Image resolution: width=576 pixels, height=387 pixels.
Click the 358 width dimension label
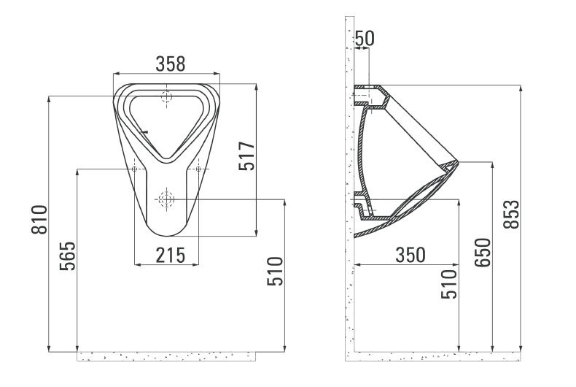tap(171, 64)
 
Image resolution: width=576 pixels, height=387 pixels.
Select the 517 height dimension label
tap(247, 156)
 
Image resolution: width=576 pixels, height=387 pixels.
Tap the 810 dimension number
tap(39, 220)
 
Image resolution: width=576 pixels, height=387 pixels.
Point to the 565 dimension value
tap(68, 256)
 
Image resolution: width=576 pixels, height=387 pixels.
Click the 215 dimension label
tap(171, 256)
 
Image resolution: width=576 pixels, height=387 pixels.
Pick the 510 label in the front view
tap(275, 272)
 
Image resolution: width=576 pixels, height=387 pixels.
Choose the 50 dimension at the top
tap(365, 38)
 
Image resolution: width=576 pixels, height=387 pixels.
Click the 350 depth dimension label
tap(410, 255)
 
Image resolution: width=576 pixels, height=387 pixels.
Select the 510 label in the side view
tap(449, 284)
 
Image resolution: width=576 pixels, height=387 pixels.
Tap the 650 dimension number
tap(483, 253)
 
